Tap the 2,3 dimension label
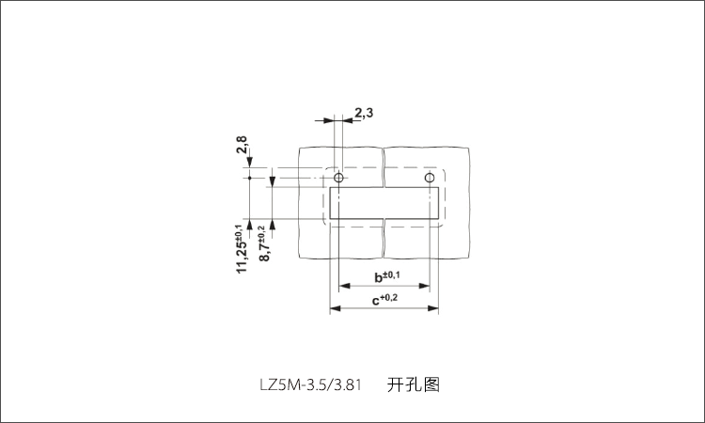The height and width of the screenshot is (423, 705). [364, 113]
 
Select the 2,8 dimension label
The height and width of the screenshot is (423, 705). [242, 145]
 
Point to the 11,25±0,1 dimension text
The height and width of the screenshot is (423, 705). [242, 248]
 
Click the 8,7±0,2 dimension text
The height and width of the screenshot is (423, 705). [264, 243]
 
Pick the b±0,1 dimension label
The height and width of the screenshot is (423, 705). [387, 276]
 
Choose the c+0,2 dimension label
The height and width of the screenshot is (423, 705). [384, 299]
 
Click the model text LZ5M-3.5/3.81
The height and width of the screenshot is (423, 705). [311, 384]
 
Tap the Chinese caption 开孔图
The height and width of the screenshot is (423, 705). [414, 384]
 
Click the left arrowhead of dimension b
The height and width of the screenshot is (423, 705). [344, 286]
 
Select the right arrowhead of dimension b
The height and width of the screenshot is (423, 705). [424, 286]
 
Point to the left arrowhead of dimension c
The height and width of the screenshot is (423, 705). [336, 308]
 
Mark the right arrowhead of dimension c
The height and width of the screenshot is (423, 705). [433, 308]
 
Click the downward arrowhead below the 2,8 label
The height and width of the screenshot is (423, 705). [249, 163]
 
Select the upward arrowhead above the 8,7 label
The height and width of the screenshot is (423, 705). [272, 225]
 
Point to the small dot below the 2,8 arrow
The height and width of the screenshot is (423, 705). [249, 178]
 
